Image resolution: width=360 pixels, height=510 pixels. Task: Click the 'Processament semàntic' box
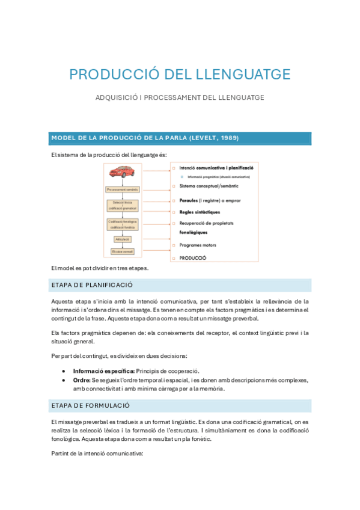tap(122, 189)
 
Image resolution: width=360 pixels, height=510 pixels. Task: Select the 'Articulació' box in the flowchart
tap(122, 239)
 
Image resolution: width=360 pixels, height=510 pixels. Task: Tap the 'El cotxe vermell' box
tap(122, 251)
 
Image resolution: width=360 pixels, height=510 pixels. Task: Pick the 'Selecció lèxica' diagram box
tap(122, 205)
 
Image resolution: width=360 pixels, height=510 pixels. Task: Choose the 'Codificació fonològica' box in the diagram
tap(122, 224)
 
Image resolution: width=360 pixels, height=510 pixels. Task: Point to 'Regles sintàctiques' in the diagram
tap(200, 212)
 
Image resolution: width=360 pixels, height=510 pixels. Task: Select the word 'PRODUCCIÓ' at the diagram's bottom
tap(192, 257)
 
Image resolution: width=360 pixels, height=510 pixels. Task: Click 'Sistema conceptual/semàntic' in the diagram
tap(209, 186)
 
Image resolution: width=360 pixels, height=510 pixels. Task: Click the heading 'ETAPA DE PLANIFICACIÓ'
tap(92, 285)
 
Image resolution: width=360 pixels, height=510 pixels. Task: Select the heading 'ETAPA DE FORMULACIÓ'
tap(91, 405)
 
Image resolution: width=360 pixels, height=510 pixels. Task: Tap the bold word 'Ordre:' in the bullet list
tap(82, 380)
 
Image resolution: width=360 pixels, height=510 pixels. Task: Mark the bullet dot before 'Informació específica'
tap(64, 372)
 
